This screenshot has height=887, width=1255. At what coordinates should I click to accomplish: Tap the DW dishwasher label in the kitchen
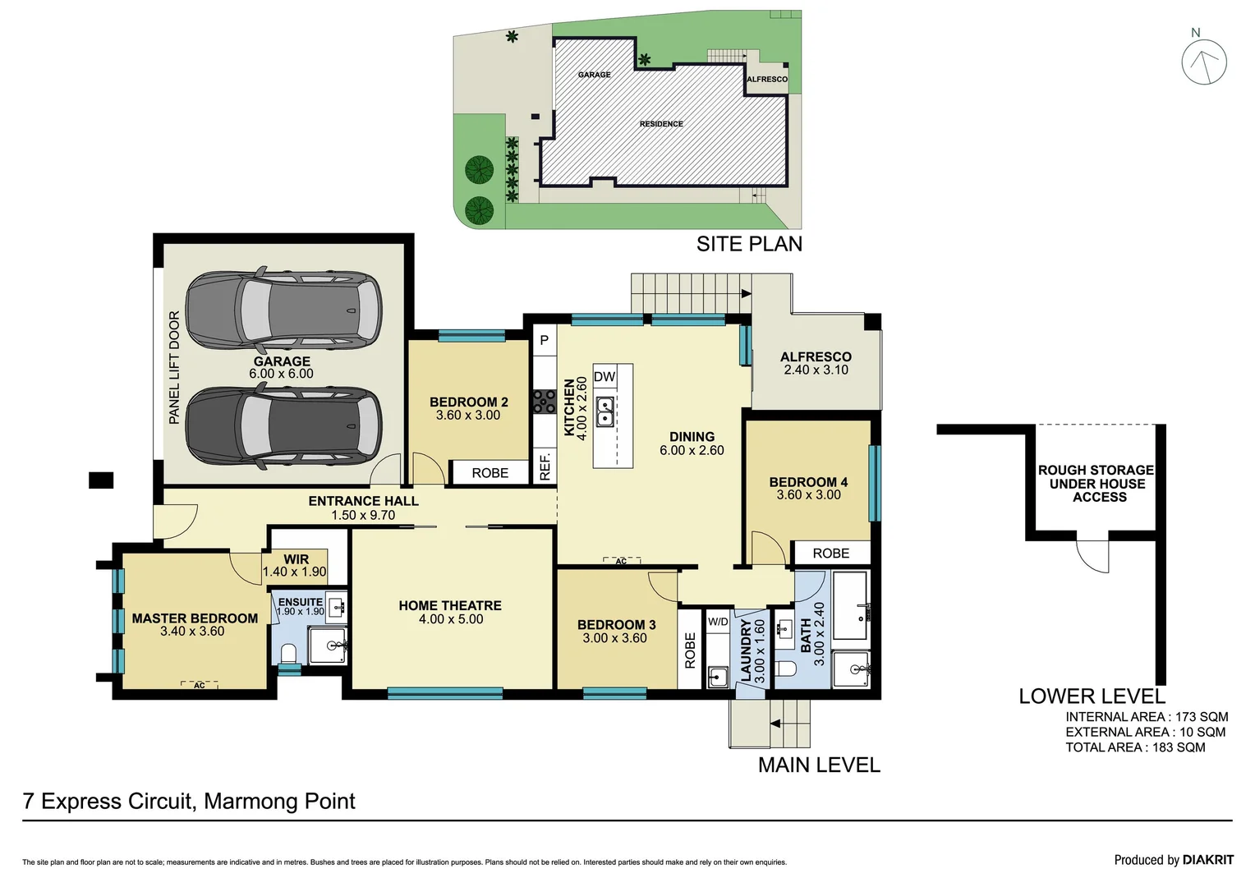click(x=605, y=376)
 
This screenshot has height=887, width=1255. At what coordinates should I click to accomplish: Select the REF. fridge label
click(x=545, y=466)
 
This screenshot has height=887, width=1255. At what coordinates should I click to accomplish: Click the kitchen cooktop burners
click(x=544, y=402)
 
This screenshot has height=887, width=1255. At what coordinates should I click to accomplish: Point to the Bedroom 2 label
click(x=468, y=402)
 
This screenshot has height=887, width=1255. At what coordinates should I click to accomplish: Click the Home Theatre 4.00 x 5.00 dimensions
click(x=451, y=618)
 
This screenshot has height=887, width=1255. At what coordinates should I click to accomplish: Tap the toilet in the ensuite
click(x=288, y=654)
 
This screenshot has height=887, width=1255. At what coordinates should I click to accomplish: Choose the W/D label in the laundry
click(x=718, y=622)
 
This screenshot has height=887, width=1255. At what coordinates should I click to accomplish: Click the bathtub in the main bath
click(x=851, y=605)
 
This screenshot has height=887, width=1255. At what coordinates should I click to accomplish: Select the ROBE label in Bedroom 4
click(x=831, y=553)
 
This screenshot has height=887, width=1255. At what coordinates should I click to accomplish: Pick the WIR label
click(x=296, y=559)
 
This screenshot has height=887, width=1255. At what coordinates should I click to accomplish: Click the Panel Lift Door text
click(x=174, y=367)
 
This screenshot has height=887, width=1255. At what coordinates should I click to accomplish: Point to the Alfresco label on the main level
click(x=816, y=356)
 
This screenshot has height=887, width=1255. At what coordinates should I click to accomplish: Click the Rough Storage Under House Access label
click(x=1096, y=484)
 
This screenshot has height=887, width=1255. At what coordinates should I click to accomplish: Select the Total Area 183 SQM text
click(x=1135, y=747)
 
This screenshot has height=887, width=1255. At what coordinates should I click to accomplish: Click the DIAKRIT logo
click(x=1208, y=860)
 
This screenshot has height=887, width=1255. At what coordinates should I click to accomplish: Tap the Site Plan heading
click(x=749, y=244)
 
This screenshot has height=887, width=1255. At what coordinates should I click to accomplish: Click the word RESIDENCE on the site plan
click(x=661, y=124)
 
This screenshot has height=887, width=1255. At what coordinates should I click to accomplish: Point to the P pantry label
click(x=544, y=340)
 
